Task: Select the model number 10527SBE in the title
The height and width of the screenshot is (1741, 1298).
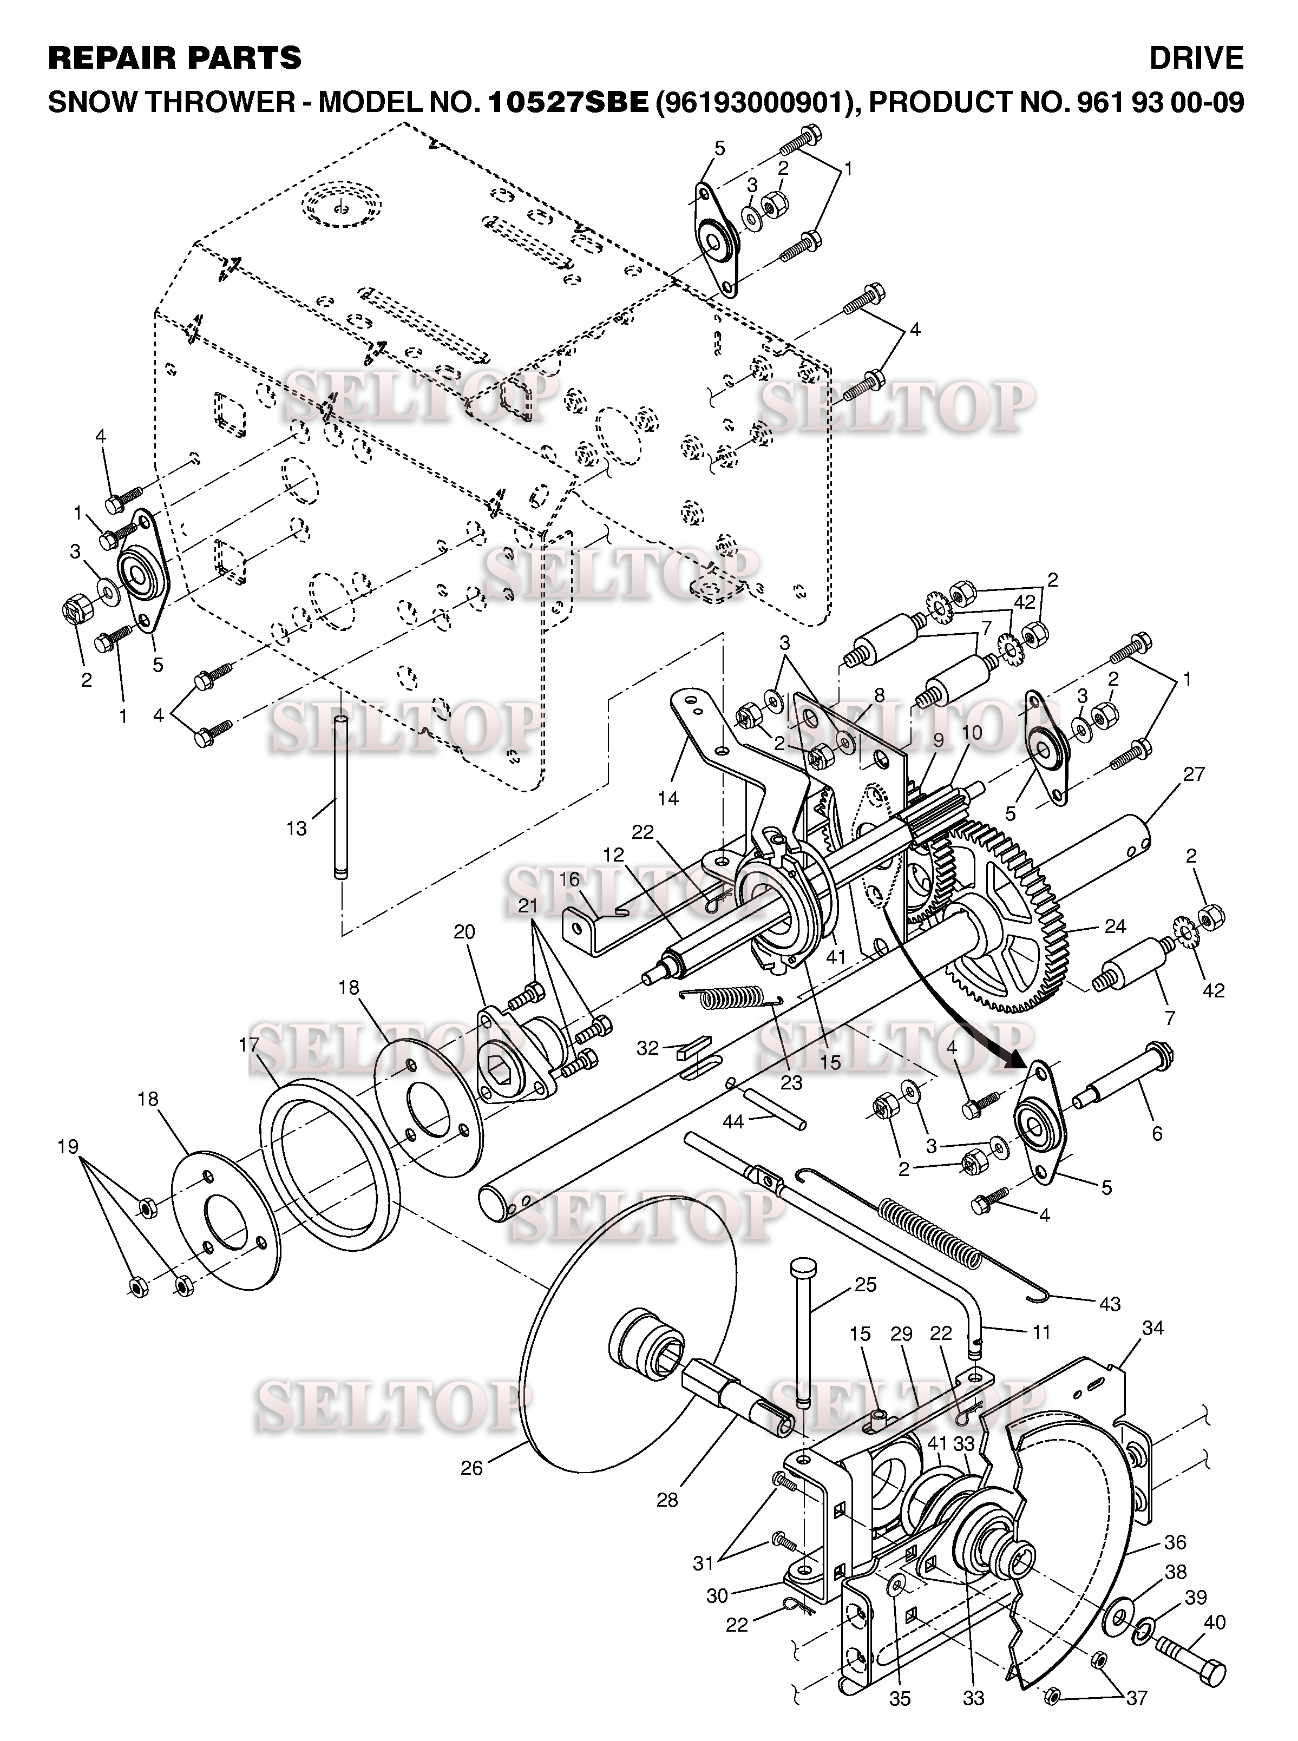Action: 569,102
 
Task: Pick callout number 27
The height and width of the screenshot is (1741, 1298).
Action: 1194,774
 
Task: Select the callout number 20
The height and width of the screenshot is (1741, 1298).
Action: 464,932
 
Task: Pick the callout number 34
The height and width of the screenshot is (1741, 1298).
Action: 1152,1328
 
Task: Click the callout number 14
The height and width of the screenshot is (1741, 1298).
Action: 668,798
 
